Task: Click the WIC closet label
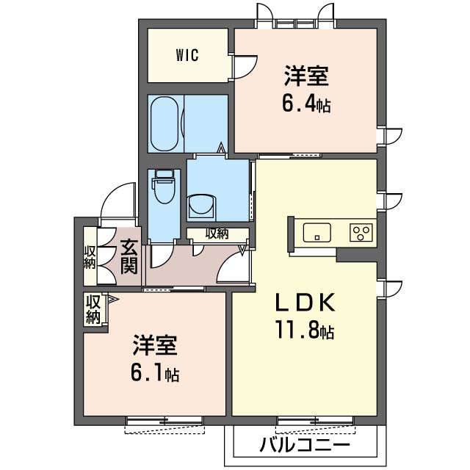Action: [x=187, y=55]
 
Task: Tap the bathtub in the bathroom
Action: [x=164, y=124]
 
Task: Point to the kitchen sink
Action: [x=317, y=232]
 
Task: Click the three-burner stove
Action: [x=361, y=232]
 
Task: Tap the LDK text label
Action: [x=305, y=302]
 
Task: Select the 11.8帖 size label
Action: [x=305, y=330]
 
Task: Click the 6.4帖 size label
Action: [x=306, y=105]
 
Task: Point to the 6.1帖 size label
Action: [x=155, y=374]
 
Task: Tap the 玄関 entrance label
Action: [x=129, y=256]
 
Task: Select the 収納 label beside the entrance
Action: [x=90, y=257]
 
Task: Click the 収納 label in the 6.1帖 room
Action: [x=93, y=309]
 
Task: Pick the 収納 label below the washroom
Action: [x=217, y=234]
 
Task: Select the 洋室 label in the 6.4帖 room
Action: [x=307, y=76]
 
